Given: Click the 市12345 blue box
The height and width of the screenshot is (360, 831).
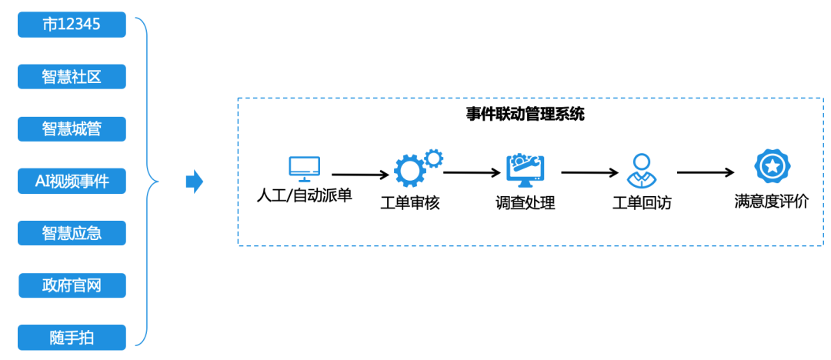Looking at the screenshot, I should coord(72,25).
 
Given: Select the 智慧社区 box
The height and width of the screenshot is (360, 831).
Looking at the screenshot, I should coord(72,76).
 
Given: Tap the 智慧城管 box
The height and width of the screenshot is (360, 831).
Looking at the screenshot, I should coord(72,128).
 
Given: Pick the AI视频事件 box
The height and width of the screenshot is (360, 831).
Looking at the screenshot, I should coord(72,182).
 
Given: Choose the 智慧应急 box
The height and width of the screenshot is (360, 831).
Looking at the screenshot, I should coord(72,233).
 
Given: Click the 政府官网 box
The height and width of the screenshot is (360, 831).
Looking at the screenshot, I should coord(72,286).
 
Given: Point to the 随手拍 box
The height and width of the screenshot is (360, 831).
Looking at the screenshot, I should coord(72,336).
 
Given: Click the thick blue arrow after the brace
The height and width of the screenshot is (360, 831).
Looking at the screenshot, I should coord(195,182).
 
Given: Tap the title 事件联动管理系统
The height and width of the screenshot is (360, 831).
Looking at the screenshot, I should coord(525,115).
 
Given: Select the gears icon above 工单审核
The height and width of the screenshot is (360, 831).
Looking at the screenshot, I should coord(416,168).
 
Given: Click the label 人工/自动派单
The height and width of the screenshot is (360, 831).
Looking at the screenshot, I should coord(304,195).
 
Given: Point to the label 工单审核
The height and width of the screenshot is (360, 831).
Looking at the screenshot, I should coord(410,204).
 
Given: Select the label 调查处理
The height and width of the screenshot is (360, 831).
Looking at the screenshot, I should coord(526,204).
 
